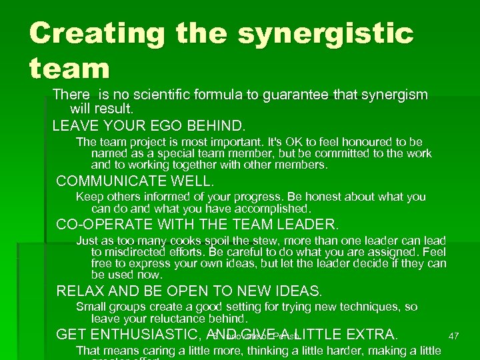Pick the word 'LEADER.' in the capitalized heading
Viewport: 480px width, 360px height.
click(306, 224)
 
